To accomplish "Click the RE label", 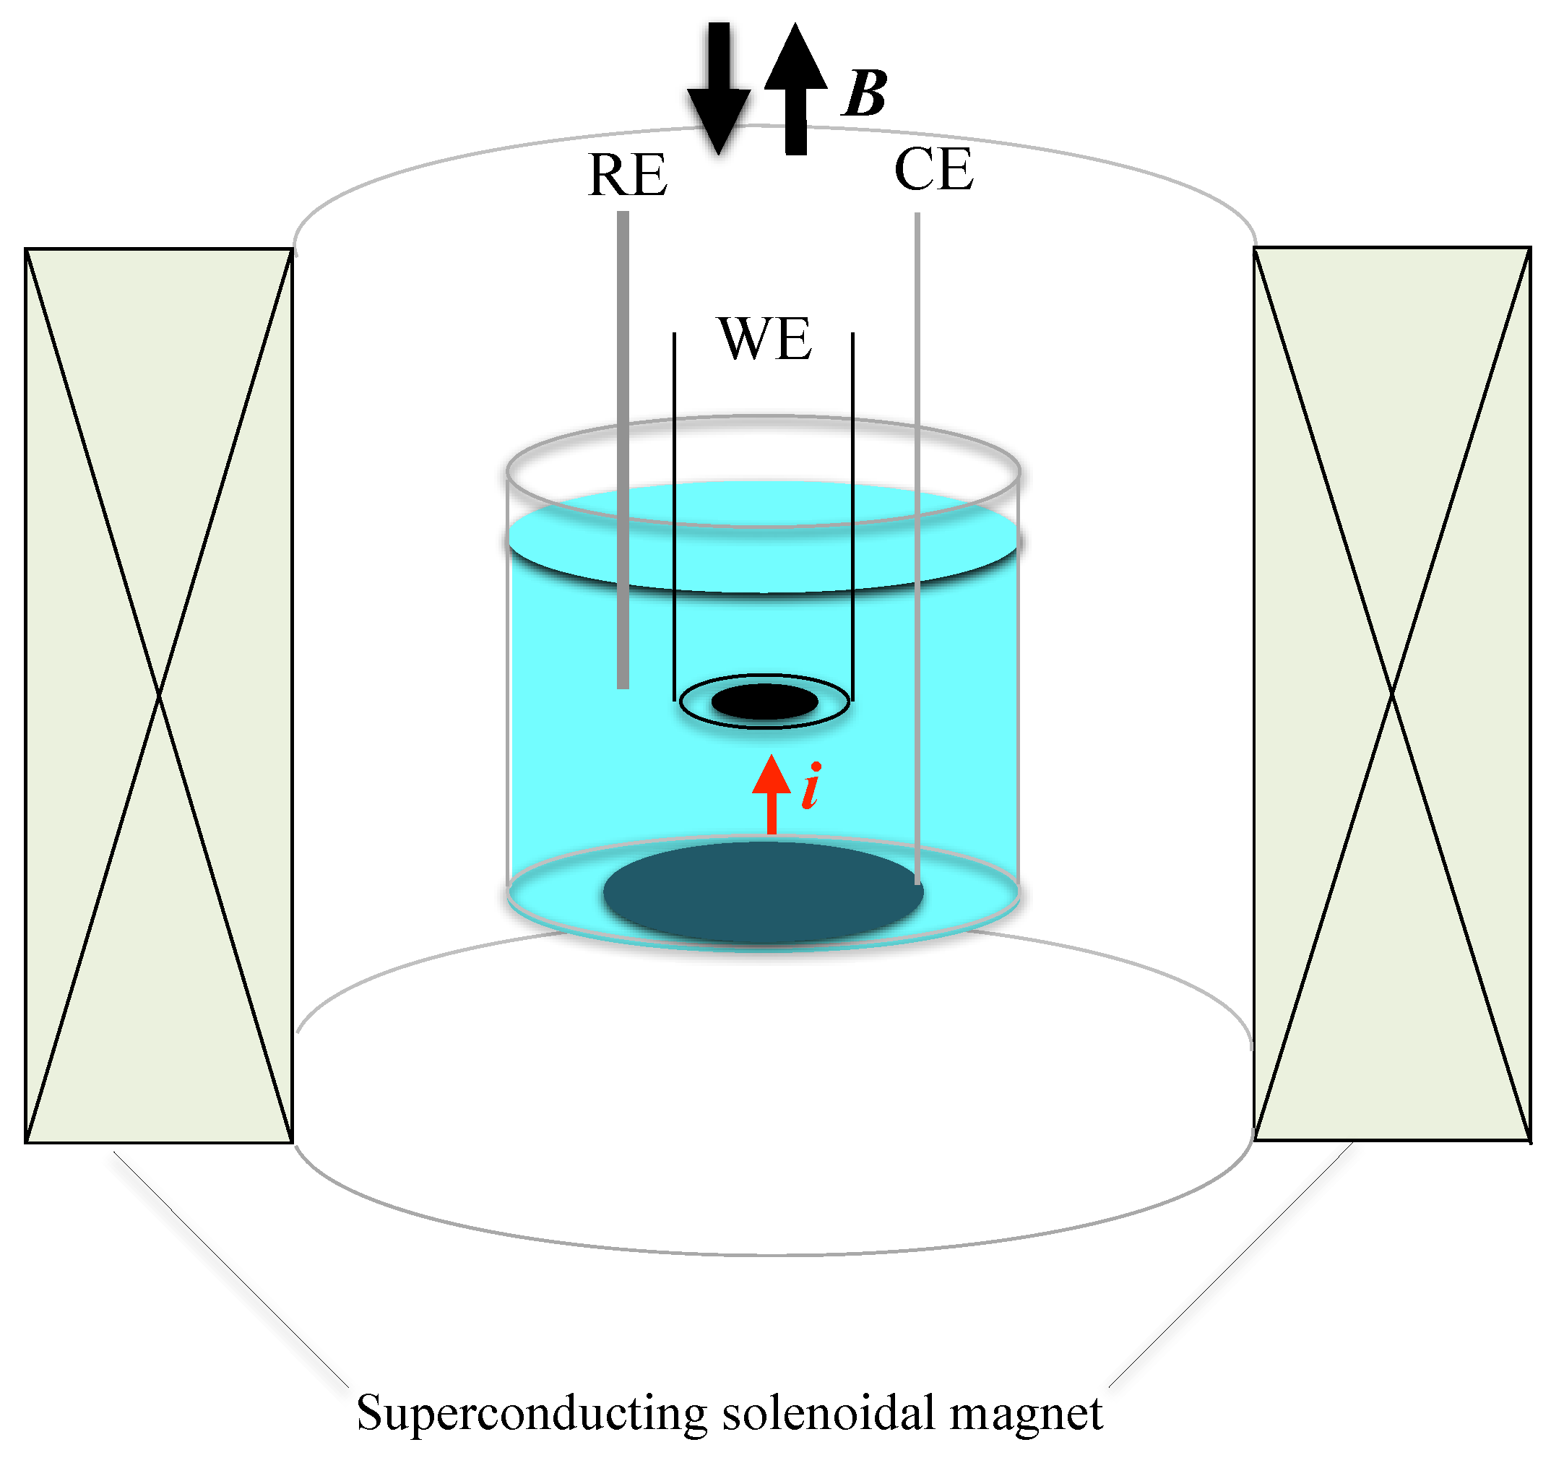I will tap(627, 175).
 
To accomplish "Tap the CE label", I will tap(933, 169).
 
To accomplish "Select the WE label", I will tap(764, 339).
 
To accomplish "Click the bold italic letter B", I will tap(865, 95).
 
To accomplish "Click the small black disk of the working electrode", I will tap(764, 702).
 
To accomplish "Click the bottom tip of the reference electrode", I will tap(623, 685).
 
